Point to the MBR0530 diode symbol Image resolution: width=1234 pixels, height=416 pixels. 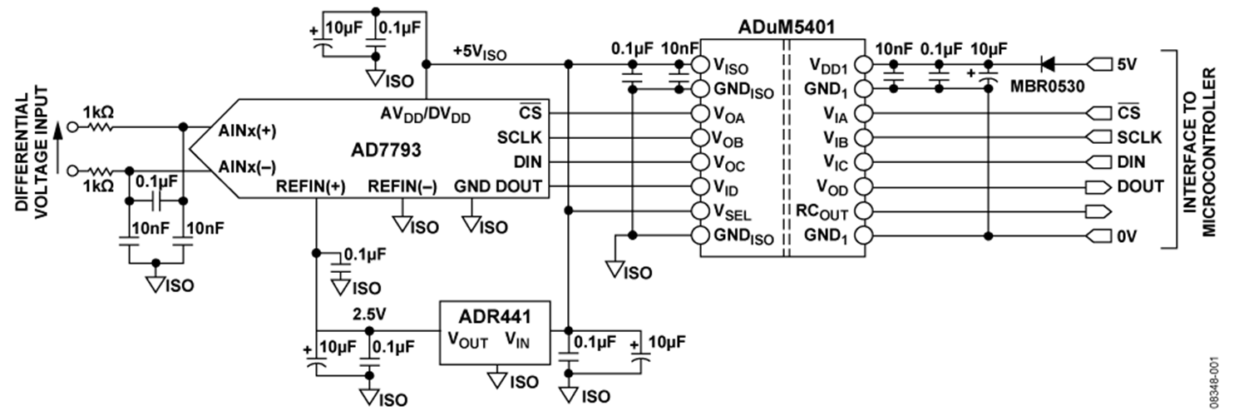tap(1048, 62)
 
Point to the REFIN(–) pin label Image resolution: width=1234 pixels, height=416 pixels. tap(402, 186)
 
